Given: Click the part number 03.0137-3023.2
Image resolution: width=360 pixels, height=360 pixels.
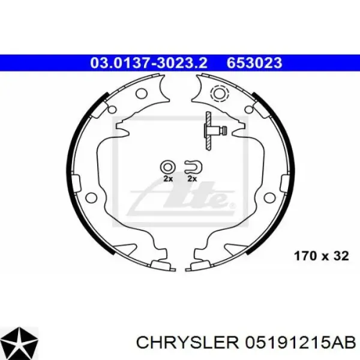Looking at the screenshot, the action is point(149,63).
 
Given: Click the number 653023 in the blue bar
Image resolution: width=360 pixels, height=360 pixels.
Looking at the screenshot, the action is point(254,63).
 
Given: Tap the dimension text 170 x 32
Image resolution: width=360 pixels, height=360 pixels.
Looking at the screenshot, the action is point(322,256).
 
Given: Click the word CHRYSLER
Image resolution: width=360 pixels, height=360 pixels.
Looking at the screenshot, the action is point(188,343).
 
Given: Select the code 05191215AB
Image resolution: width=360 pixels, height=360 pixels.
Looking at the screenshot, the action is point(301,343).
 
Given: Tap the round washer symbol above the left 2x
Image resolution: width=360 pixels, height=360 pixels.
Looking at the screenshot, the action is point(167,167).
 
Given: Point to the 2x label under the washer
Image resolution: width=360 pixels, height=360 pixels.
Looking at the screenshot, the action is point(168,179).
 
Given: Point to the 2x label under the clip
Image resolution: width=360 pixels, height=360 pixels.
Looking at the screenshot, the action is point(192,179).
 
